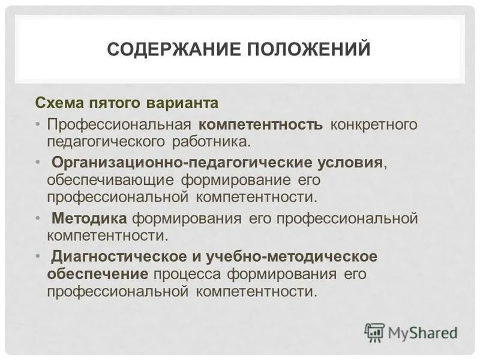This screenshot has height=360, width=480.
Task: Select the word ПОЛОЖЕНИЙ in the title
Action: click(308, 49)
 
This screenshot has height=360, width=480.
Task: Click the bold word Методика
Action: click(89, 218)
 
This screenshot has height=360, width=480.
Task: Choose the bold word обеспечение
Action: click(98, 274)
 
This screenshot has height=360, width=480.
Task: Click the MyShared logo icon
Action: click(374, 332)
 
